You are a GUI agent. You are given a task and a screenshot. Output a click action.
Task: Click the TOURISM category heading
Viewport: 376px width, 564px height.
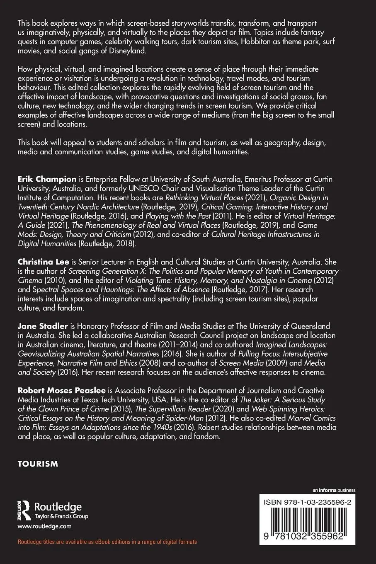pyautogui.click(x=37, y=464)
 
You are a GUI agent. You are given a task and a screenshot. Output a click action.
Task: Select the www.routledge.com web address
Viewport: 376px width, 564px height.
pyautogui.click(x=44, y=526)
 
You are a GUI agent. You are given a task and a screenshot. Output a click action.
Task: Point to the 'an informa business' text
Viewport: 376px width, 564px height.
pyautogui.click(x=335, y=490)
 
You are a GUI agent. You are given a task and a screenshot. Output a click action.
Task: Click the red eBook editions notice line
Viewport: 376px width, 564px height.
pyautogui.click(x=107, y=542)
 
